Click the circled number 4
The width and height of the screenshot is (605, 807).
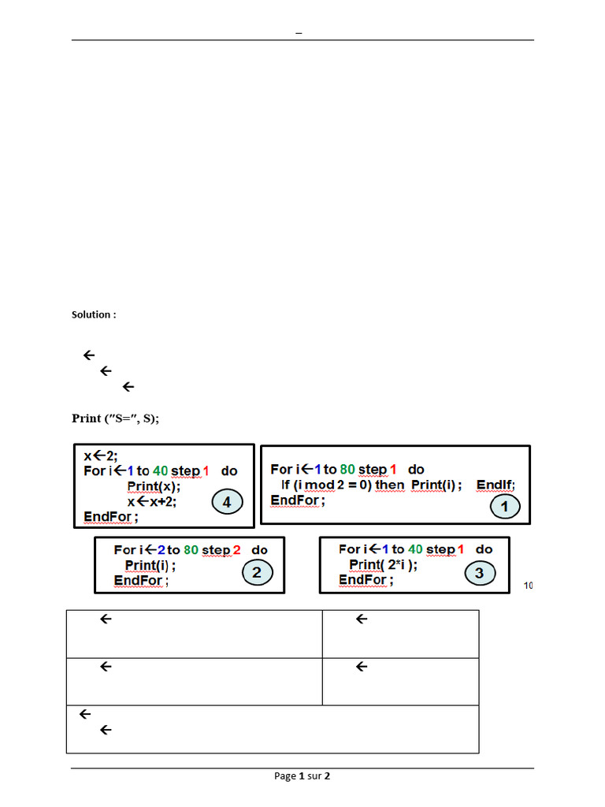click(227, 501)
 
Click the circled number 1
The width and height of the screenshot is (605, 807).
click(505, 507)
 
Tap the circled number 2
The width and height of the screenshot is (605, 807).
click(257, 573)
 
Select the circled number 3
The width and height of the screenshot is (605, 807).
click(480, 573)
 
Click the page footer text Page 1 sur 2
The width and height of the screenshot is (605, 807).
click(302, 776)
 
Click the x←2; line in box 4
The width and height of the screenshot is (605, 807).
click(101, 456)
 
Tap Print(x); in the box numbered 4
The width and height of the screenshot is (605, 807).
click(154, 486)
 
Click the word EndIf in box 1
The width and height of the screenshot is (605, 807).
click(495, 485)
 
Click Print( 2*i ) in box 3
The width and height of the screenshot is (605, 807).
click(384, 564)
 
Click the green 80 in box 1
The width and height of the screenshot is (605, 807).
click(347, 470)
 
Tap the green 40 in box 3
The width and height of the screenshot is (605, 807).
click(415, 549)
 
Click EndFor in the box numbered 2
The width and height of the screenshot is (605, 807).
click(140, 580)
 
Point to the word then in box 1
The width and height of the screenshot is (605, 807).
click(389, 485)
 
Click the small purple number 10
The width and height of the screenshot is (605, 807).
click(528, 586)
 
